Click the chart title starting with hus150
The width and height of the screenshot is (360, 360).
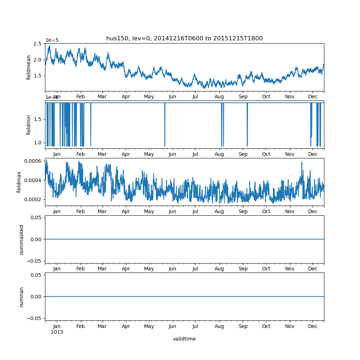(184, 39)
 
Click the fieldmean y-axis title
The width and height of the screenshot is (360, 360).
(29, 67)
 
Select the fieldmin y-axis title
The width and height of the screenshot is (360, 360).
(29, 125)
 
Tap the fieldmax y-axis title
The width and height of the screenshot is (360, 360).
(19, 182)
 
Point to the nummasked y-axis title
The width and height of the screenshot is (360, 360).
(22, 239)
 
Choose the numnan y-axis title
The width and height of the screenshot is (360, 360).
(22, 297)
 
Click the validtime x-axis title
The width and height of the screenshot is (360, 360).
(184, 339)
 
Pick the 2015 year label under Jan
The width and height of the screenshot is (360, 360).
(57, 332)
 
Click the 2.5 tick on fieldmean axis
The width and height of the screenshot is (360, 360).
(37, 44)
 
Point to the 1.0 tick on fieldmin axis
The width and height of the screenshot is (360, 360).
(39, 143)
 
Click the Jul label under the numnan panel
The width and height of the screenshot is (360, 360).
(195, 326)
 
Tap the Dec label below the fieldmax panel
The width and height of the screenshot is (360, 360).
(313, 212)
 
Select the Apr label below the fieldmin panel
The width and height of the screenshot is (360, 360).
(126, 154)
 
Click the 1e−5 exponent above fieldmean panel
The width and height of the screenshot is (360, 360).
(52, 40)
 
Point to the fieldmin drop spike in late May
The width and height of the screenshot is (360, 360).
(165, 126)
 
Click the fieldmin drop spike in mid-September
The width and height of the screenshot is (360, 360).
(247, 126)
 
